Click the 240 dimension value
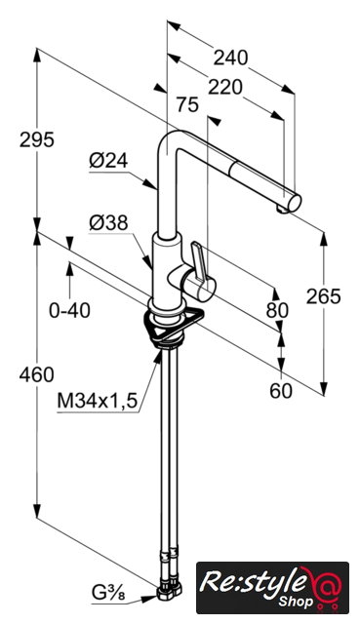[230, 58]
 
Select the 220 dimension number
[225, 87]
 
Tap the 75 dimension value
[187, 105]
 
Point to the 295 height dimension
[37, 139]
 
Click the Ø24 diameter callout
[108, 161]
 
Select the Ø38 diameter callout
[108, 223]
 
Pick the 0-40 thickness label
[69, 310]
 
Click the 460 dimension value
[37, 374]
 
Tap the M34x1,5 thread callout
[98, 401]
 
